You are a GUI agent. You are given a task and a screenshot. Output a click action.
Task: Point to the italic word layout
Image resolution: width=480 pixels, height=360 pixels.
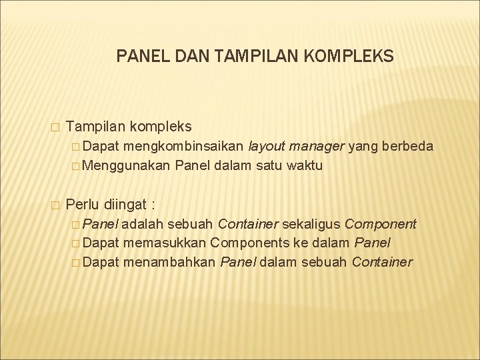269,146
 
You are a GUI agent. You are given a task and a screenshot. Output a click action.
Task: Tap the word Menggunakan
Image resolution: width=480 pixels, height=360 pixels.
132,165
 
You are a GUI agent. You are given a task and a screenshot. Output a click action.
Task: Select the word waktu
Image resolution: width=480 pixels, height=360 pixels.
303,165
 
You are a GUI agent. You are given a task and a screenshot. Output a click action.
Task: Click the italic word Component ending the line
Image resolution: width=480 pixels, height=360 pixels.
380,224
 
